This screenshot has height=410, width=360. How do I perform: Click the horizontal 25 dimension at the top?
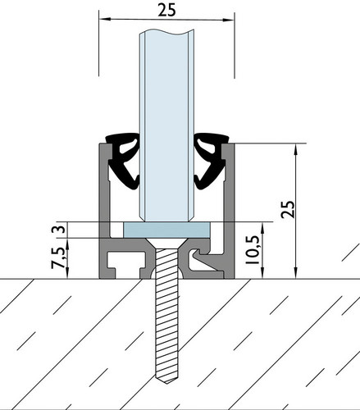coord(166,11)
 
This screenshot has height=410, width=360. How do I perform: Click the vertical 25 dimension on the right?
coord(289,209)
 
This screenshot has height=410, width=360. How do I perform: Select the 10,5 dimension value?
coord(252,249)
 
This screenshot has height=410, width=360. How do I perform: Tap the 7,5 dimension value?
coord(58,257)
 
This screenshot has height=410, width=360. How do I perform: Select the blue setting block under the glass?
coord(166,230)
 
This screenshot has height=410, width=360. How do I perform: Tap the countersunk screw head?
coord(166,243)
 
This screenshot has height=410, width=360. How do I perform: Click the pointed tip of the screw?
coord(166,384)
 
